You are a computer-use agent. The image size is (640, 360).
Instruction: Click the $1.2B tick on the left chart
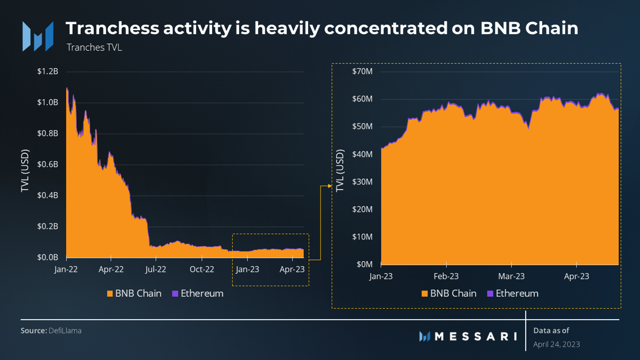coord(48,71)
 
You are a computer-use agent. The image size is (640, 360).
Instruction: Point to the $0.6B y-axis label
coord(48,164)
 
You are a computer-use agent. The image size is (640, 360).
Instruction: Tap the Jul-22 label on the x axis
coord(156,269)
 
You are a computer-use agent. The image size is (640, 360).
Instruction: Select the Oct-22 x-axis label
coord(202,269)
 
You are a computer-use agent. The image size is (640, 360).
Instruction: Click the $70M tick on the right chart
coord(362,71)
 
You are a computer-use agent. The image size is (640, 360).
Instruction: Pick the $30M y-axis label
coord(362,182)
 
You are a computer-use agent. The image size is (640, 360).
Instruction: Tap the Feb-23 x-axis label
coord(446,276)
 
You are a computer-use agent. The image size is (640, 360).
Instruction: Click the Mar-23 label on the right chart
coord(511,276)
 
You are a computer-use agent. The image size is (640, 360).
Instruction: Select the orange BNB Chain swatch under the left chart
coord(110,294)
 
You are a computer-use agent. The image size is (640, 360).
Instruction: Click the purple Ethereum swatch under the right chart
coord(490,294)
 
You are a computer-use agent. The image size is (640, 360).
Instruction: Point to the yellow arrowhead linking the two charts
coord(330,186)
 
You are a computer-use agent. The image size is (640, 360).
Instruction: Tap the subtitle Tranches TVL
coord(94,48)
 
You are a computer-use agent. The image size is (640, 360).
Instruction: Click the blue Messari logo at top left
coord(38,36)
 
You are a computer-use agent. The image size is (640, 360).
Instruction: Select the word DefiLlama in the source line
coord(65,331)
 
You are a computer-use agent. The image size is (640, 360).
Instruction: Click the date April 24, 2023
coord(557,344)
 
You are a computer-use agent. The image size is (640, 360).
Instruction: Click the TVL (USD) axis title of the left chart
coord(25,171)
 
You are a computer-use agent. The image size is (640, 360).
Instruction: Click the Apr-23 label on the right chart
coord(576,276)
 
